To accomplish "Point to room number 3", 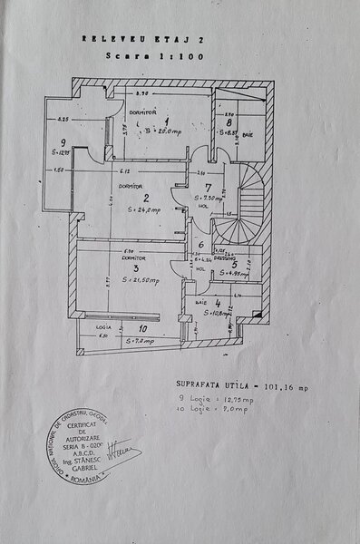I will tap(134, 268).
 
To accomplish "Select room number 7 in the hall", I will tap(208, 188).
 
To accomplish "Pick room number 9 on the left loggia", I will tap(63, 142).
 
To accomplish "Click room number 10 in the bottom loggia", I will tap(142, 330).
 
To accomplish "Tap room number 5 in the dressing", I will tap(233, 264).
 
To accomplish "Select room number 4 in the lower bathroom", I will tap(219, 303).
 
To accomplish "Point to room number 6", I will tap(200, 246).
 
